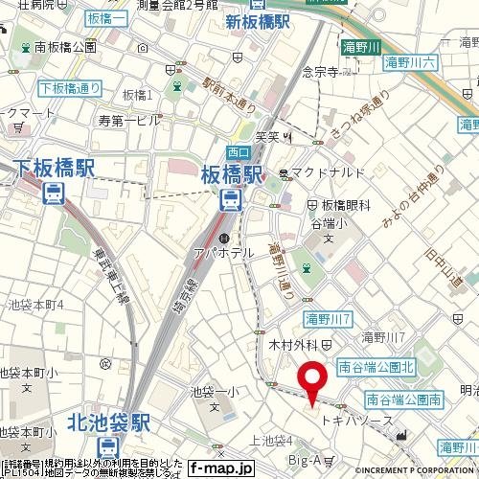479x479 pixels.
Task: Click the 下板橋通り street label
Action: pos(71,89)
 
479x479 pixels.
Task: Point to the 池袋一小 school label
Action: pos(213,391)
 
